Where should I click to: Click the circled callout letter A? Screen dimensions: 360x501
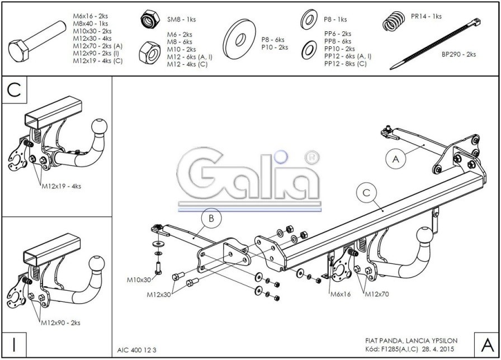[x=395, y=159]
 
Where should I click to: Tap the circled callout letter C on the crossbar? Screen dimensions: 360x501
[x=366, y=193]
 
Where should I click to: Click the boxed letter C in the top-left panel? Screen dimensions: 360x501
[x=15, y=91]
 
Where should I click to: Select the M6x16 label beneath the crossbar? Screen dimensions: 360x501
[x=340, y=294]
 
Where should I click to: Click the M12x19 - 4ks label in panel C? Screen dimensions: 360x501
[x=62, y=186]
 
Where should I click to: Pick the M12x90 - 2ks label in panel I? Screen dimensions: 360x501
[x=60, y=323]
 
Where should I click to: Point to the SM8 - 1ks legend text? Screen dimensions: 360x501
[x=182, y=20]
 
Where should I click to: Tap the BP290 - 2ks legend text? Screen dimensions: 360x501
[x=459, y=55]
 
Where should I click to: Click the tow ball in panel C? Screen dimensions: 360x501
[x=100, y=127]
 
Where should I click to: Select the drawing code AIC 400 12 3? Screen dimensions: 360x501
[x=137, y=349]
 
